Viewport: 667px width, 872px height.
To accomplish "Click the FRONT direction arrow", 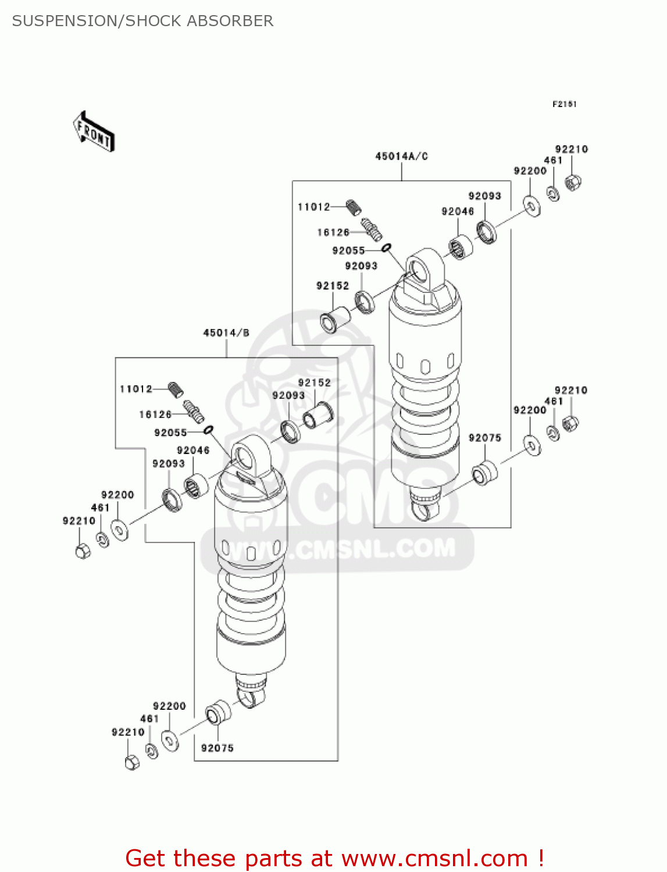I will coord(94,131).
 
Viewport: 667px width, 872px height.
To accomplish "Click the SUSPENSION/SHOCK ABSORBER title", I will coord(142,21).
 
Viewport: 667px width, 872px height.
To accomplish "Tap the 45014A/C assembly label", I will coord(401,156).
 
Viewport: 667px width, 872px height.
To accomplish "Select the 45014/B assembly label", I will coord(226,333).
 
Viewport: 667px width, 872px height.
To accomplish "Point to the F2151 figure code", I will coord(564,104).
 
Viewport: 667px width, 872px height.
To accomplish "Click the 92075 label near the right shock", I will coord(484,438).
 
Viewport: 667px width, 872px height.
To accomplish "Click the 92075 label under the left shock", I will coord(217,748).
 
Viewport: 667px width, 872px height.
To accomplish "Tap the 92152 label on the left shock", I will coord(314,383).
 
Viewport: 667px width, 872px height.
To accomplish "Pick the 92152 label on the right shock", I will coord(332,285).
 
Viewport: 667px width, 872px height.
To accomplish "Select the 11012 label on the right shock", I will coord(313,206).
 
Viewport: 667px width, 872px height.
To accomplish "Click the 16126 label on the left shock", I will coord(155,414).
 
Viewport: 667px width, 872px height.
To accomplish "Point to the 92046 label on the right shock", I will coord(458,212).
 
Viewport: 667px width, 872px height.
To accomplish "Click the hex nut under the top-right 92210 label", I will coord(573,183).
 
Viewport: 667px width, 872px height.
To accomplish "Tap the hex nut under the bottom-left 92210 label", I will coord(132,762).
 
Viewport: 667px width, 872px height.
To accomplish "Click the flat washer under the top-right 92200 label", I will coord(531,205).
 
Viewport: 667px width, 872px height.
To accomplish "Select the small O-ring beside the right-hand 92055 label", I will coord(386,248).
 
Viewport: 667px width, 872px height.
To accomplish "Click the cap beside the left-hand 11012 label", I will coord(176,389).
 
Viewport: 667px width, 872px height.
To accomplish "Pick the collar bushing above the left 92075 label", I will coord(217,713).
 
